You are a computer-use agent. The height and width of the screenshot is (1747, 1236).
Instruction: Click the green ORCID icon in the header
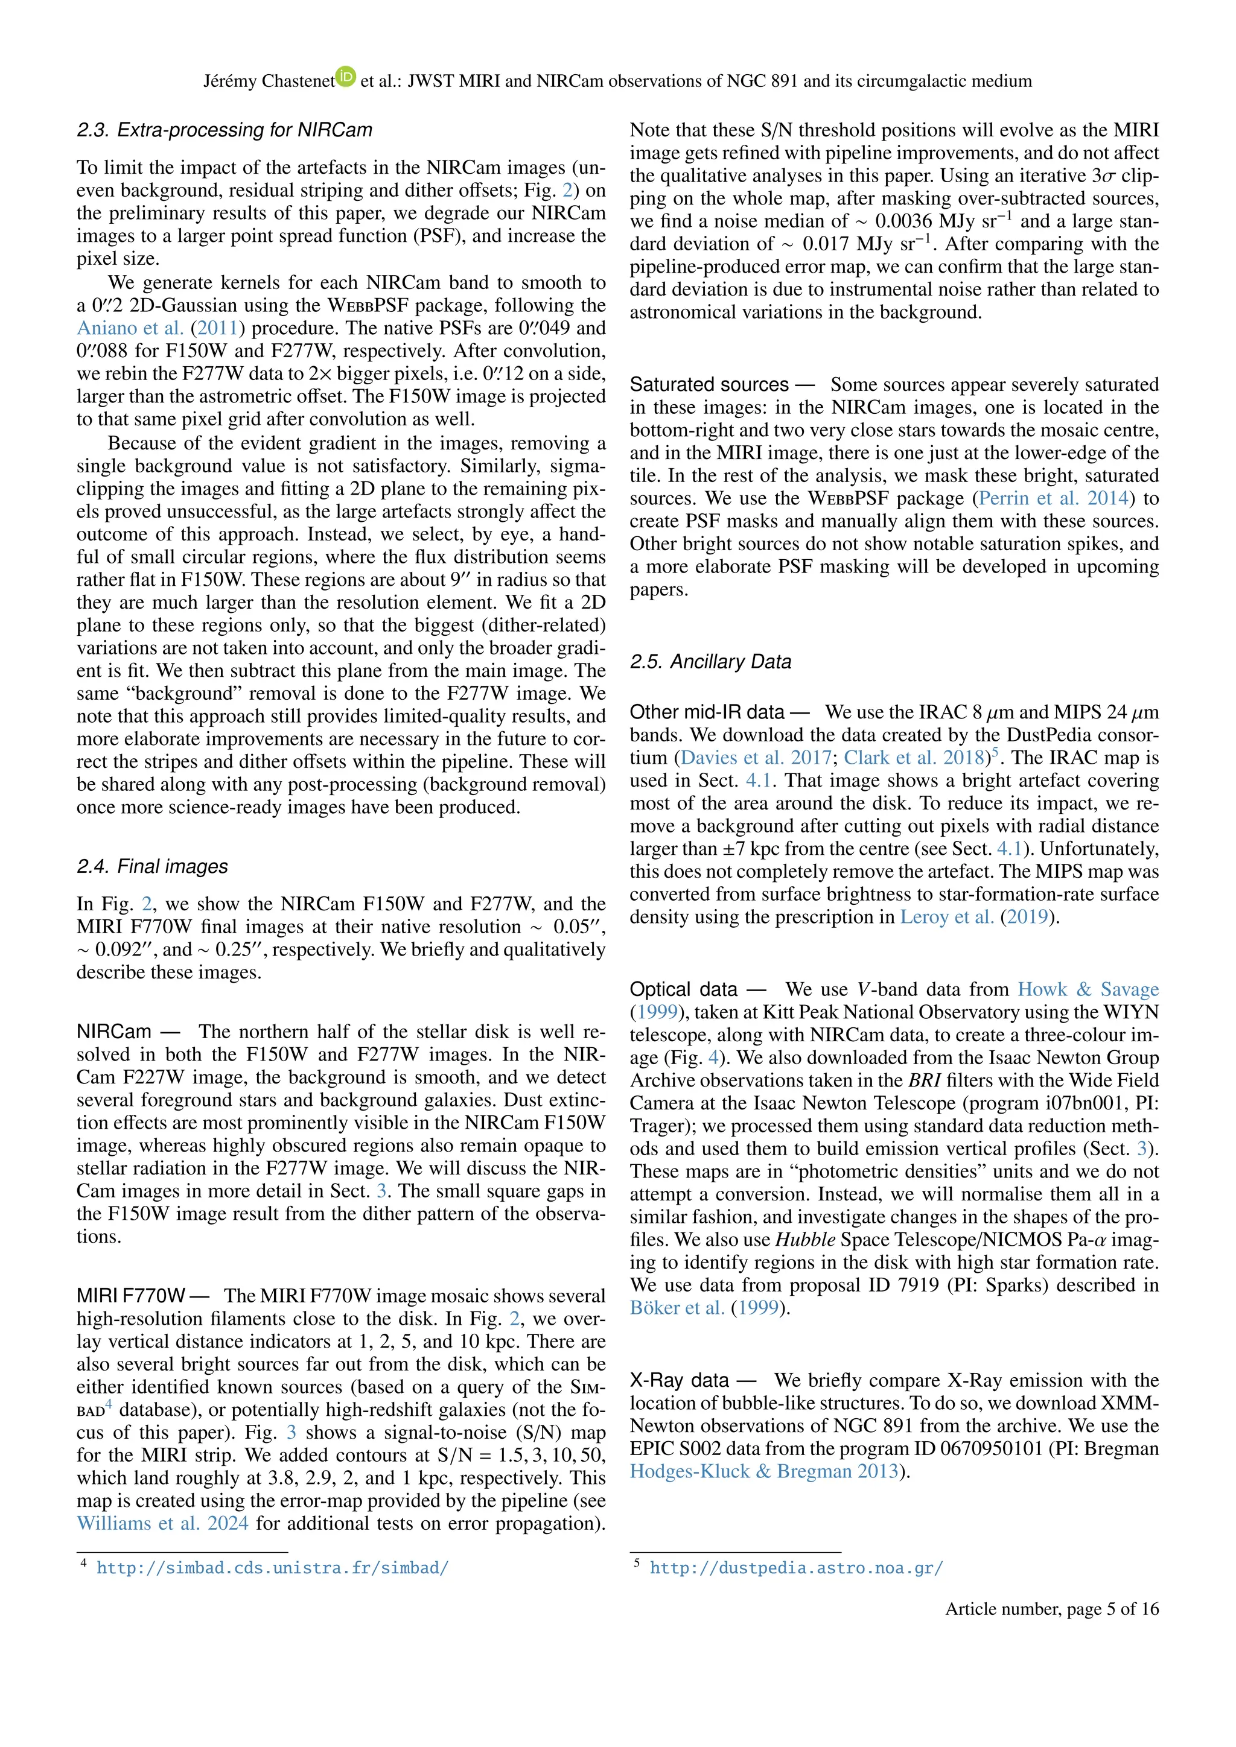tap(346, 76)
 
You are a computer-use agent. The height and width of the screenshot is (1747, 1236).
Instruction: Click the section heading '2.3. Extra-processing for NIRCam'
tap(225, 130)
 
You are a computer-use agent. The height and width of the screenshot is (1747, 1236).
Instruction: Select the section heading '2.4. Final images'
tap(152, 867)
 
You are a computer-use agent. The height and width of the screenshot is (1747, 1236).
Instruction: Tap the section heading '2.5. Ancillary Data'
tap(710, 662)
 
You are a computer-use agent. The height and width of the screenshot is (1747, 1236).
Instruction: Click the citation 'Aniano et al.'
tap(130, 328)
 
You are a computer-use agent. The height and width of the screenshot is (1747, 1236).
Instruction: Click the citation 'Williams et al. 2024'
tap(162, 1523)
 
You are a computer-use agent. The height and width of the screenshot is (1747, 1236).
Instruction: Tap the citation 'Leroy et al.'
tap(947, 917)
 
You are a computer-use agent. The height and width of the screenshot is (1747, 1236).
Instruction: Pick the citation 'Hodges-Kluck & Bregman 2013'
tap(763, 1471)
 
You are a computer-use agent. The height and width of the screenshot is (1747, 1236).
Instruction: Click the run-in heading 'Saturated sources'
tap(709, 385)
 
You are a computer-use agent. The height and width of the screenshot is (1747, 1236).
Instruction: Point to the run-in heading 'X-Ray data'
tap(679, 1380)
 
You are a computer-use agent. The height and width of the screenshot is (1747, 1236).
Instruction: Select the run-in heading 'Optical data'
tap(683, 989)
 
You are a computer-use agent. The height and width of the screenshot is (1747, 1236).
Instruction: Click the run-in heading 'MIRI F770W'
tap(131, 1296)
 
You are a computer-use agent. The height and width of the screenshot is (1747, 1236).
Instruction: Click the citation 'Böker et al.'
tap(677, 1308)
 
